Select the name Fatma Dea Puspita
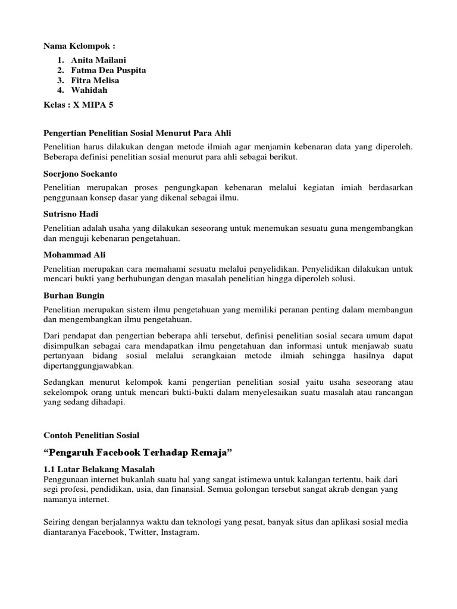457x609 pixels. point(108,70)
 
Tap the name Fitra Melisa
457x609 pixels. point(95,80)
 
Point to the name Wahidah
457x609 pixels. point(89,90)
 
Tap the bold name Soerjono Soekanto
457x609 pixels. point(80,174)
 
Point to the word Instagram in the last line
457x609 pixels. point(177,533)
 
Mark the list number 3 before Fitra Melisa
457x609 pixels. point(60,80)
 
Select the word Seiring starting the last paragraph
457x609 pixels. point(58,523)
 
